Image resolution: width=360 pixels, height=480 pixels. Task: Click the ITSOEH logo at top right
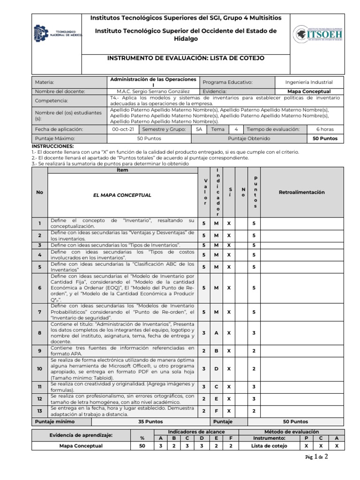(318, 34)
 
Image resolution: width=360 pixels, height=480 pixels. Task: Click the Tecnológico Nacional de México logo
(57, 34)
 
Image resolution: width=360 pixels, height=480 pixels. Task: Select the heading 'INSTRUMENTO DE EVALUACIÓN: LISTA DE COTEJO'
(186, 58)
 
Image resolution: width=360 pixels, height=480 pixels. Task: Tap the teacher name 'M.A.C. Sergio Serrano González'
(153, 91)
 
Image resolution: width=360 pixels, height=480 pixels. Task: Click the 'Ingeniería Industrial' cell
(309, 82)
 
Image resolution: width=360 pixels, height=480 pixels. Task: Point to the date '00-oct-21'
(123, 129)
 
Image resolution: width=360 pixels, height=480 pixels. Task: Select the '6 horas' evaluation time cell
(325, 129)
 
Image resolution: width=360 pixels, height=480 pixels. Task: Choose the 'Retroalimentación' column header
(301, 192)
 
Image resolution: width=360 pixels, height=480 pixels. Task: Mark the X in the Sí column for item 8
(229, 332)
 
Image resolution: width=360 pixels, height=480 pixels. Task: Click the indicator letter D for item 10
(217, 369)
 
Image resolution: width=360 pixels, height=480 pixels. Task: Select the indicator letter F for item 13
(217, 411)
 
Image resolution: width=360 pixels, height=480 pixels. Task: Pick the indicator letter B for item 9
(217, 351)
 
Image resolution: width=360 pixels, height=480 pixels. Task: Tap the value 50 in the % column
(142, 446)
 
